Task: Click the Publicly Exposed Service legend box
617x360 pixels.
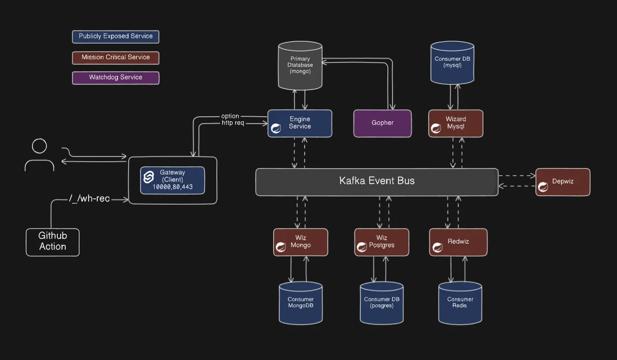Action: tap(116, 37)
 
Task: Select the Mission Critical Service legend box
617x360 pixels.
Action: tap(116, 57)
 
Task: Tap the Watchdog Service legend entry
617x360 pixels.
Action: tap(116, 78)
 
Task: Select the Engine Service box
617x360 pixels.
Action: tap(300, 123)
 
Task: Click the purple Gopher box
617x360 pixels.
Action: tap(382, 123)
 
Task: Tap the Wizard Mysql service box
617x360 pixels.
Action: tap(455, 123)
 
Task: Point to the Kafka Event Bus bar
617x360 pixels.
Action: tap(376, 181)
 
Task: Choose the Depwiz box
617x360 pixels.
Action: tap(563, 182)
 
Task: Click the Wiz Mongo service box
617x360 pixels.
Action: tap(301, 242)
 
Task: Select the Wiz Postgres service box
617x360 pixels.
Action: tap(381, 242)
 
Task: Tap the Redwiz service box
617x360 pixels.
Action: tap(458, 242)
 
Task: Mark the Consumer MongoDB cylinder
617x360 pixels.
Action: tap(301, 303)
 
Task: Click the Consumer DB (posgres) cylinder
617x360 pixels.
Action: tap(381, 303)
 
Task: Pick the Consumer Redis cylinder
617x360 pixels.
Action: tap(460, 303)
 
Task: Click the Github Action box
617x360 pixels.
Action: tap(53, 242)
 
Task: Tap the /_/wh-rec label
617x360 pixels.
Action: tap(89, 199)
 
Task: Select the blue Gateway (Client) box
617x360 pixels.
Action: tap(172, 180)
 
